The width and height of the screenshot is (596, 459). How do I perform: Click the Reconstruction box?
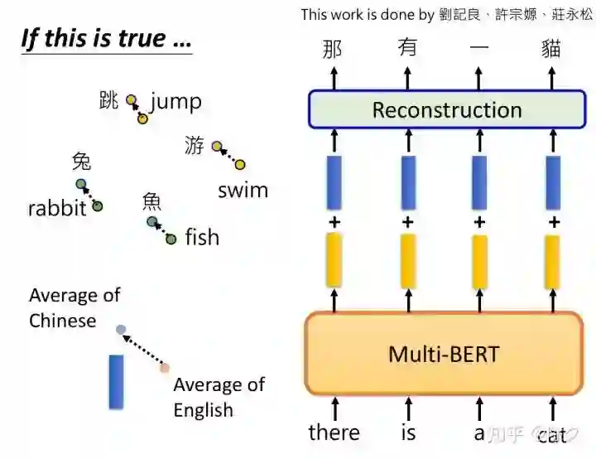(x=447, y=109)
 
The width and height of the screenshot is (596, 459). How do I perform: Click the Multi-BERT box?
(x=444, y=355)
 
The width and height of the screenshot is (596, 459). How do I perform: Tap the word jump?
(x=175, y=102)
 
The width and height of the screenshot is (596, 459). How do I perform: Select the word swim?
(x=243, y=190)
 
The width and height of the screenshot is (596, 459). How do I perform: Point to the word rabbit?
(x=57, y=208)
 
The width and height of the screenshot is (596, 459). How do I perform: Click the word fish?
(x=202, y=238)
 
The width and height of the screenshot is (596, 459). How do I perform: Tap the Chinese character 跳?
(x=108, y=101)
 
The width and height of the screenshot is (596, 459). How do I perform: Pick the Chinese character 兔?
(x=81, y=161)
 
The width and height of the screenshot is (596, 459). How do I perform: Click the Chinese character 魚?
(x=151, y=201)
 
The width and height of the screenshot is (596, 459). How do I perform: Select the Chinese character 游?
(x=195, y=147)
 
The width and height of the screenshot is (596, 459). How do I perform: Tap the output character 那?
(x=332, y=48)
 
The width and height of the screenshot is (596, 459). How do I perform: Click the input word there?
(x=334, y=432)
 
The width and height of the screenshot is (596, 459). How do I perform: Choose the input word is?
(x=407, y=432)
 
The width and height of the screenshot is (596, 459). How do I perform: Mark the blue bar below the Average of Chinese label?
(x=117, y=382)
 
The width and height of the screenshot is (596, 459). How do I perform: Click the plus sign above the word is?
(x=407, y=222)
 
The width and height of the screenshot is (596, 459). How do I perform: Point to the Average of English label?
(x=219, y=397)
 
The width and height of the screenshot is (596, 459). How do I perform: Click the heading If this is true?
(x=105, y=39)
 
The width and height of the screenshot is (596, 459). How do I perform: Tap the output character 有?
(x=407, y=48)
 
